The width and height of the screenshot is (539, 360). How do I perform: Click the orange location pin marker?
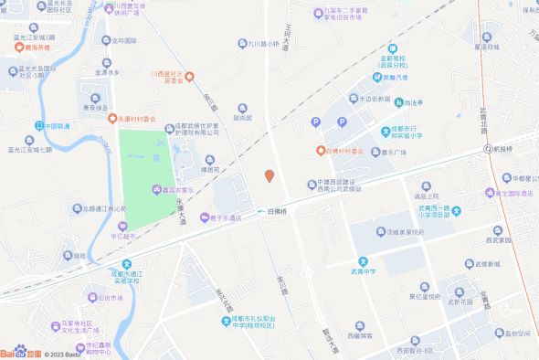tap(269, 175)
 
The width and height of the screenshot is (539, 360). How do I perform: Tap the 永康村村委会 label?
tap(138, 119)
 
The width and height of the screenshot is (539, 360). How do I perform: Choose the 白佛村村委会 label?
tap(345, 150)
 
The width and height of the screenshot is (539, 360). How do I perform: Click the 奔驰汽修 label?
tap(396, 78)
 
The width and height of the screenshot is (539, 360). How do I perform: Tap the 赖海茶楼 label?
tap(36, 46)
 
